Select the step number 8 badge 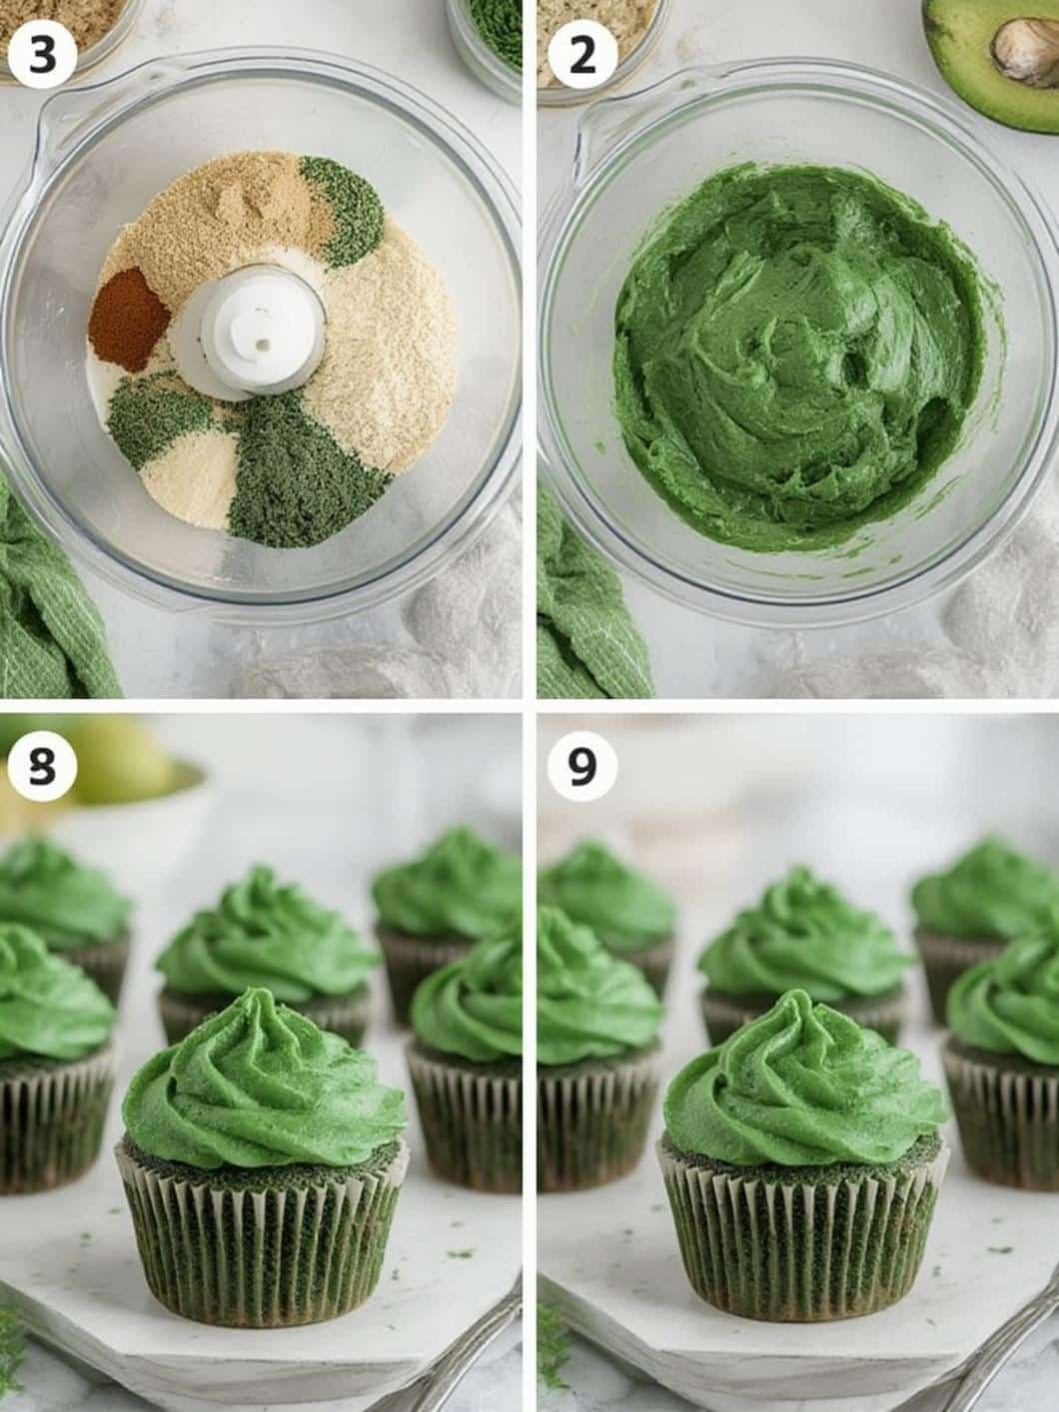43,767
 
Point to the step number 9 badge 582,767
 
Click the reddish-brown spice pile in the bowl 129,320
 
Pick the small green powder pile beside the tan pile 343,209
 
